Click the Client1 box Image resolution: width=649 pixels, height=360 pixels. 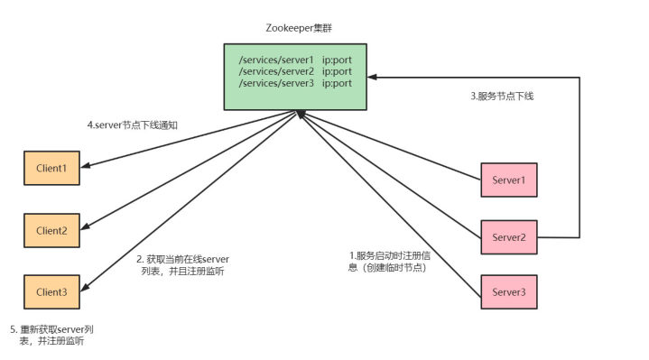[52, 169]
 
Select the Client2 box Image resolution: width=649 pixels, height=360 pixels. [52, 231]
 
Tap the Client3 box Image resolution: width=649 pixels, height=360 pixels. [52, 292]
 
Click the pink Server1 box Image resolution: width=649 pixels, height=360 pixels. [509, 180]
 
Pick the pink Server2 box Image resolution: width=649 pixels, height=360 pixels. [509, 237]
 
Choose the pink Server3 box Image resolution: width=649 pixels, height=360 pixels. [509, 292]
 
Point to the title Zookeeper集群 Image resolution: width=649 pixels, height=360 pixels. [295, 27]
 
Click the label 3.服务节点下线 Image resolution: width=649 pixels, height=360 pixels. [502, 96]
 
